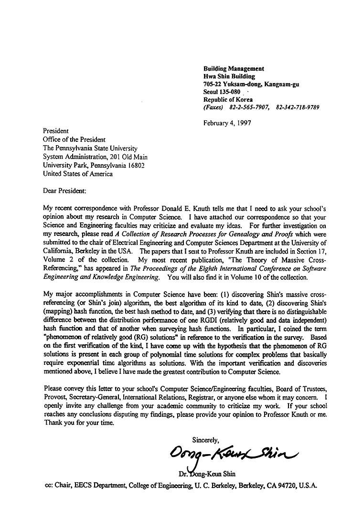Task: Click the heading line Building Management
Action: point(234,69)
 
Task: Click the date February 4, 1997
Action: point(227,123)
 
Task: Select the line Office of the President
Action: point(74,139)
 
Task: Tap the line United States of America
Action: point(78,174)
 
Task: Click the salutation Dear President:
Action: point(65,191)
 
